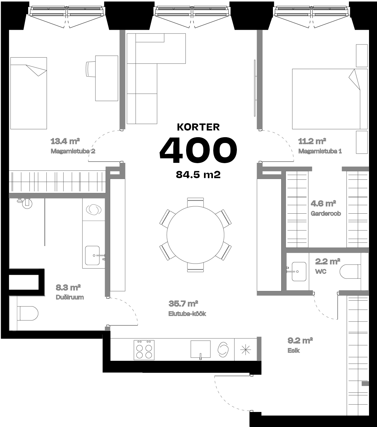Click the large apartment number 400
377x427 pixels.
[x=198, y=149]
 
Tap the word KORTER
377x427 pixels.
[x=198, y=127]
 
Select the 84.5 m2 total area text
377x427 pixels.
[x=198, y=175]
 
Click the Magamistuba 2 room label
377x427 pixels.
[x=73, y=151]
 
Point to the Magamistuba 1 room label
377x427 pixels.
[x=320, y=151]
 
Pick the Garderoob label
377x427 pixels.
[x=326, y=214]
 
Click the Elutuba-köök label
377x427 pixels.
[x=187, y=314]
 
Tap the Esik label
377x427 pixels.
[x=294, y=351]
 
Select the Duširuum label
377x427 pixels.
[x=70, y=297]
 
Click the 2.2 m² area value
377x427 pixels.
[x=328, y=262]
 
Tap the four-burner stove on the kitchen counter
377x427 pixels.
[x=144, y=350]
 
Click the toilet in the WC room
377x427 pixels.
[x=350, y=272]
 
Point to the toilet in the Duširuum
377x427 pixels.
[x=28, y=313]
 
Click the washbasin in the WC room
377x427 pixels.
[x=299, y=272]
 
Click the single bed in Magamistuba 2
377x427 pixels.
[x=28, y=93]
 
